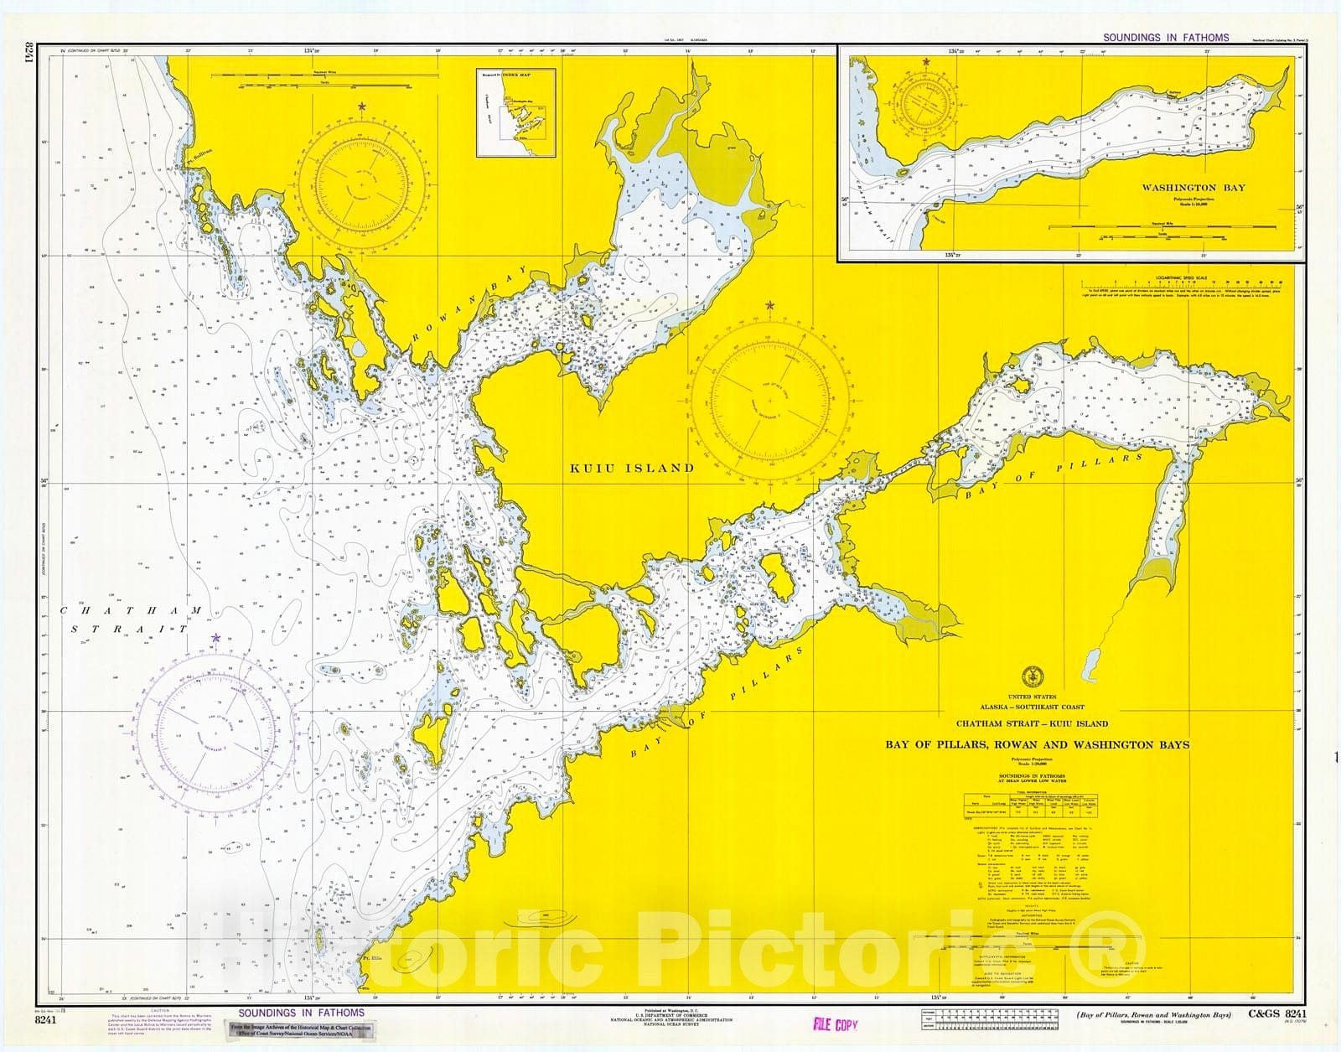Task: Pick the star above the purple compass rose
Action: point(216,639)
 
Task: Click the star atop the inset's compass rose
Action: point(926,62)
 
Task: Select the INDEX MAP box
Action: point(515,112)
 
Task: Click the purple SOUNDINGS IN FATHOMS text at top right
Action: point(1166,38)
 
